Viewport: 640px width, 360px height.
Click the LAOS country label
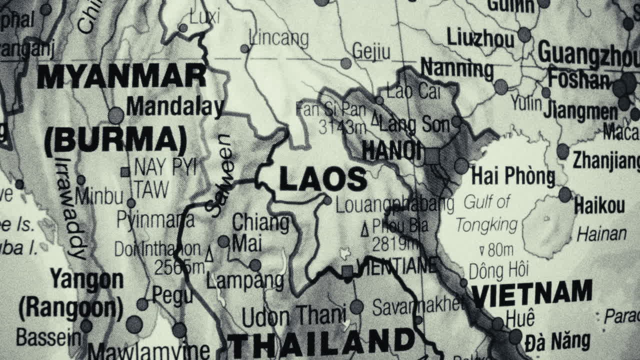point(322,179)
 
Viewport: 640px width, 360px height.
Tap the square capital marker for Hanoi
point(431,156)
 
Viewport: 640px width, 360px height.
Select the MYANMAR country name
point(121,77)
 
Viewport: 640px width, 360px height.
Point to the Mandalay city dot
point(116,115)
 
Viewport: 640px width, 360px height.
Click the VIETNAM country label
point(532,293)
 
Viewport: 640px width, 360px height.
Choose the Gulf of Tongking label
point(486,213)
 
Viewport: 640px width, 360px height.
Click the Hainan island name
point(601,234)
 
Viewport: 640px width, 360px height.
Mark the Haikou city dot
point(565,194)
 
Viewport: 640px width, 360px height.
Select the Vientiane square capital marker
point(347,271)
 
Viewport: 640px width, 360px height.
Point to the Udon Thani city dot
point(356,306)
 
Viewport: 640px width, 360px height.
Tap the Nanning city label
point(456,68)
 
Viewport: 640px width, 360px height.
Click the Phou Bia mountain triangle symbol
point(365,229)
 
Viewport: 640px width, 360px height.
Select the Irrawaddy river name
point(70,207)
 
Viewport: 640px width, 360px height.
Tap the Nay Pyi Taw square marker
point(125,172)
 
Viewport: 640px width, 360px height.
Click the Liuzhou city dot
point(524,34)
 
